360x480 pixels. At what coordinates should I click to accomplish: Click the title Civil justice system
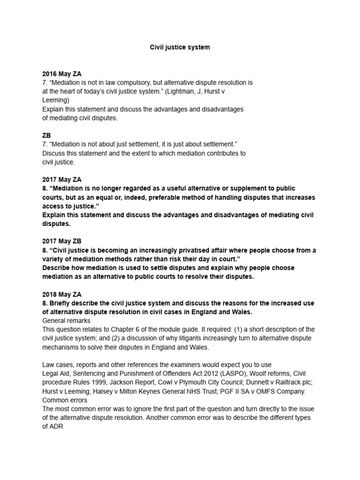pyautogui.click(x=180, y=47)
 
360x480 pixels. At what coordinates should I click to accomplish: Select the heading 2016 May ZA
pyautogui.click(x=62, y=74)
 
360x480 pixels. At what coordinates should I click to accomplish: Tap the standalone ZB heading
pyautogui.click(x=46, y=135)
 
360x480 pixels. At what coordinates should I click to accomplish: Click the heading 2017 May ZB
pyautogui.click(x=62, y=241)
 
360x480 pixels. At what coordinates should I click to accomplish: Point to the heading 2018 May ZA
pyautogui.click(x=62, y=294)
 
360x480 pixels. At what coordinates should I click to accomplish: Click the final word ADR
pyautogui.click(x=50, y=427)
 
